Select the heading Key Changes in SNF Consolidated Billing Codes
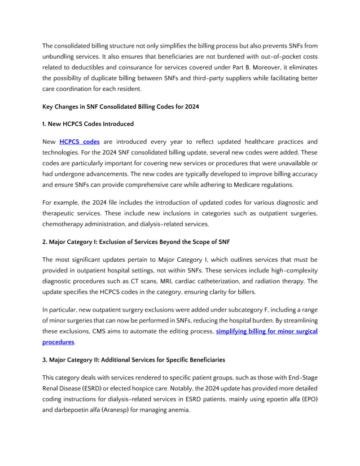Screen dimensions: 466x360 tap(120, 107)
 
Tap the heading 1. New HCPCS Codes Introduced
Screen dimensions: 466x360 tap(88, 124)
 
